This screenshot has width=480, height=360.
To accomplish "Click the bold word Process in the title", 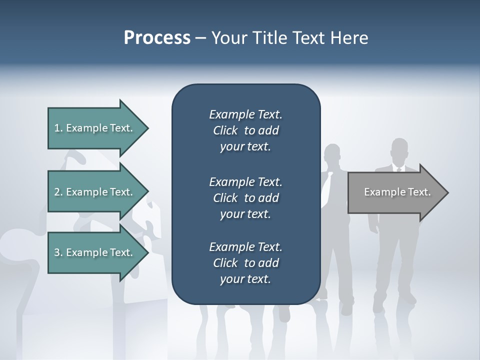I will [x=157, y=38].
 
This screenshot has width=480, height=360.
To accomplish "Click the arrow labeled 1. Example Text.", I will [x=93, y=128].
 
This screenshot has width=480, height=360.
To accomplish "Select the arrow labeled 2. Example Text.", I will [x=93, y=192].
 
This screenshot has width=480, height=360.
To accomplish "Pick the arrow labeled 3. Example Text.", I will [x=93, y=252].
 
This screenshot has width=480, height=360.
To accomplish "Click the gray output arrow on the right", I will [x=397, y=192].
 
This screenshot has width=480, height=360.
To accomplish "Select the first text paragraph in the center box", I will [x=245, y=130].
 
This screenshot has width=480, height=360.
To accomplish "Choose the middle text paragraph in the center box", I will [x=245, y=198].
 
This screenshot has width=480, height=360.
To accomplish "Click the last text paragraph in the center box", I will [x=245, y=263].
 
